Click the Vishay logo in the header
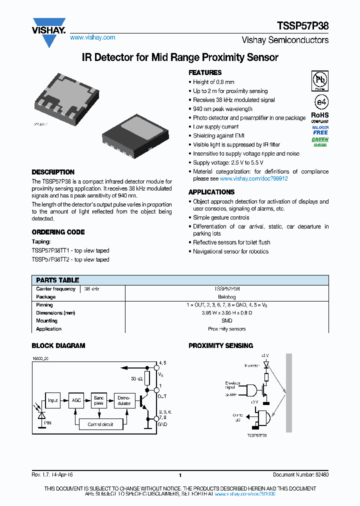click(49, 31)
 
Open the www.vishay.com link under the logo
click(92, 37)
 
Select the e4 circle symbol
click(320, 102)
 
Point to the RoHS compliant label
click(320, 117)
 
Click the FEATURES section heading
click(205, 72)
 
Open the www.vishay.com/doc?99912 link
click(253, 178)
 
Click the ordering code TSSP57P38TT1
click(53, 250)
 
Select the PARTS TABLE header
click(58, 280)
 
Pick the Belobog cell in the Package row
click(226, 297)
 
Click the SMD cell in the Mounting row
click(226, 321)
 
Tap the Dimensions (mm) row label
click(55, 313)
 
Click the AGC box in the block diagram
click(76, 400)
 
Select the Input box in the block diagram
click(53, 400)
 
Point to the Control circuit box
click(100, 424)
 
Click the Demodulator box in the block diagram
click(124, 400)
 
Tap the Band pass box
click(99, 400)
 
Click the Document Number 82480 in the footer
click(300, 475)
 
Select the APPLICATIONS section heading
click(211, 192)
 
